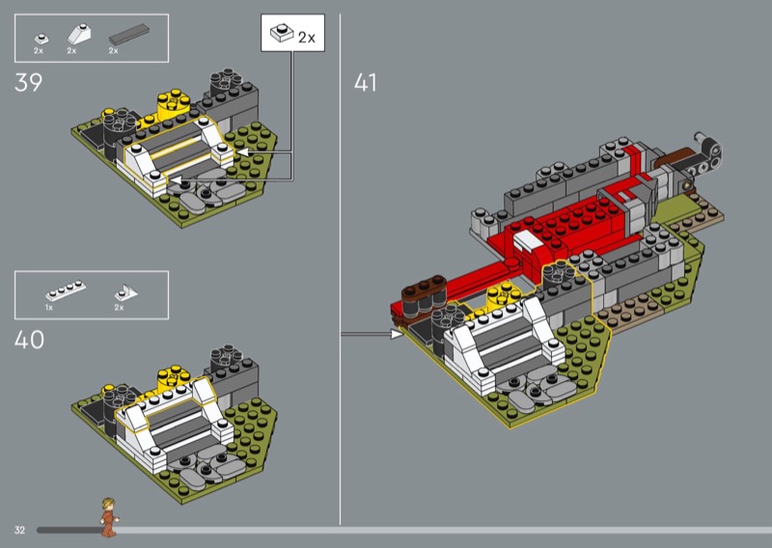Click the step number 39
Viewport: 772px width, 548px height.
(29, 83)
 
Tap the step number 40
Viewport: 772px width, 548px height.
(29, 340)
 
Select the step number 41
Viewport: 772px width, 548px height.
(366, 83)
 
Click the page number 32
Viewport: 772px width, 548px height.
(19, 530)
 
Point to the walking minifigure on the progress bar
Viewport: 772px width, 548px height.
(109, 517)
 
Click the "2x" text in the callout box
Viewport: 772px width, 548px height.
(307, 38)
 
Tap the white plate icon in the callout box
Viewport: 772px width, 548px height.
(282, 32)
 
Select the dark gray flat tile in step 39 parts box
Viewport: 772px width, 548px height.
(129, 34)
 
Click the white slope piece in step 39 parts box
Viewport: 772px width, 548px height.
(78, 34)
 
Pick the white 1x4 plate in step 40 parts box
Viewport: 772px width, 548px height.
(66, 291)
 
